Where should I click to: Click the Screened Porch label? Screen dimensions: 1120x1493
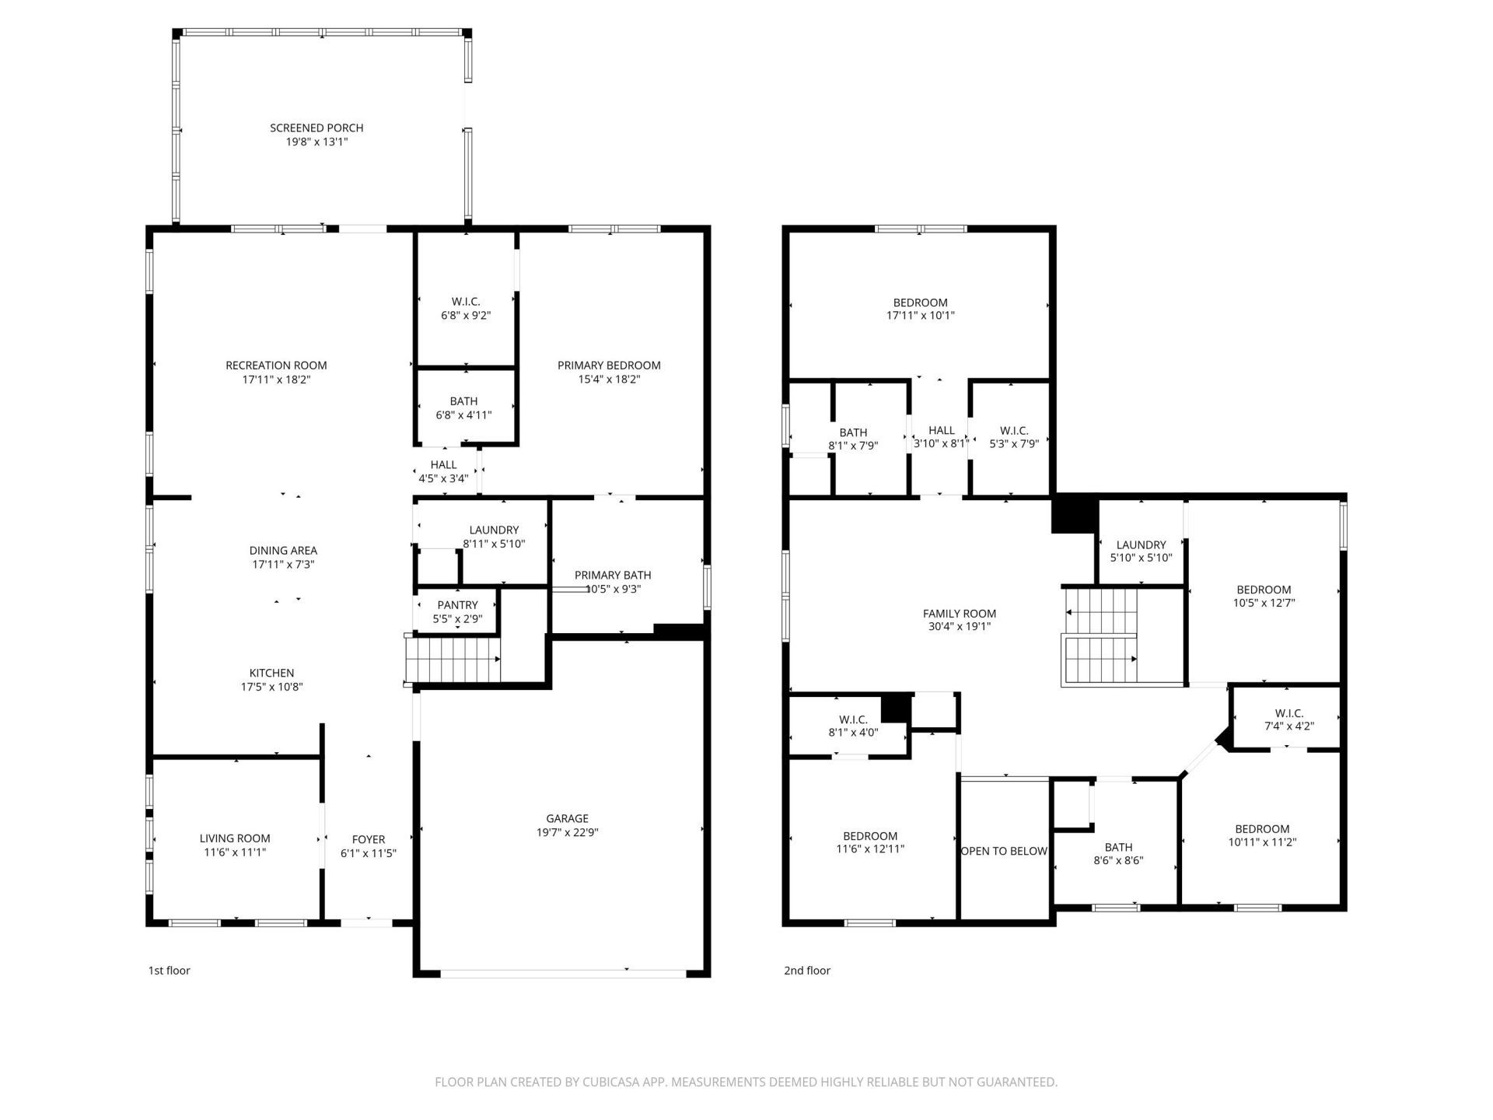coord(316,128)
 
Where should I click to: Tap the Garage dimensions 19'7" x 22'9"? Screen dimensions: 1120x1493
coord(567,832)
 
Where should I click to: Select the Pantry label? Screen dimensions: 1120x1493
coord(457,605)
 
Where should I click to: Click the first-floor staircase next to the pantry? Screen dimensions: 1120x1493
coord(452,659)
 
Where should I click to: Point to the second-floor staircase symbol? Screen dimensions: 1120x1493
coord(1100,638)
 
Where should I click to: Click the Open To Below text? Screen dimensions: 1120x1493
coord(1004,851)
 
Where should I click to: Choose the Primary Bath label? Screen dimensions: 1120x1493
coord(613,575)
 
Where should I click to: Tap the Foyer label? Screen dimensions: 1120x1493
coord(369,839)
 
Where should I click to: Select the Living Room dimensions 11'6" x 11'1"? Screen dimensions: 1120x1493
coord(235,852)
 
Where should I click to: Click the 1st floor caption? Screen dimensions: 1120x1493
coord(170,971)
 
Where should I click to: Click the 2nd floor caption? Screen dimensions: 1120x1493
coord(807,971)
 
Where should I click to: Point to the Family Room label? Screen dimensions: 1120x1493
coord(959,613)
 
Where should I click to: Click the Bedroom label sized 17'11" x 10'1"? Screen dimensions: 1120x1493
coord(920,303)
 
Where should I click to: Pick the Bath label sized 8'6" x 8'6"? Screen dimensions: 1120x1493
coord(1118,847)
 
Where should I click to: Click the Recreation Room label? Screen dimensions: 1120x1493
coord(276,365)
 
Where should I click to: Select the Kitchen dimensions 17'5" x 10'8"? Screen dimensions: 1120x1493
coord(271,687)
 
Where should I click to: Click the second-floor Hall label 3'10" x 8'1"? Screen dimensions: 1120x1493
coord(941,430)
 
